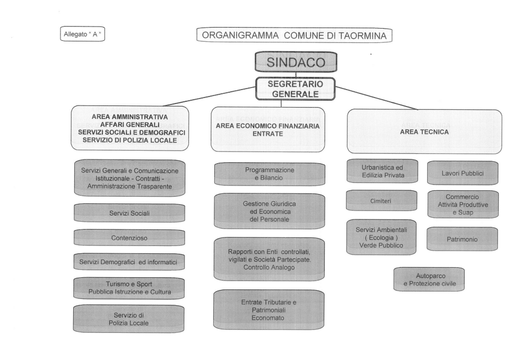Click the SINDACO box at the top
(x=296, y=62)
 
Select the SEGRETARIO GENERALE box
(x=296, y=89)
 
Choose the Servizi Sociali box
(x=129, y=213)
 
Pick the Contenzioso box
(x=129, y=238)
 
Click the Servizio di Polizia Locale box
(x=129, y=319)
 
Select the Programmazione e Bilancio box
(x=270, y=174)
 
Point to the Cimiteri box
(x=380, y=201)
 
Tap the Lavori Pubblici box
(x=462, y=173)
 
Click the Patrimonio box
(x=462, y=239)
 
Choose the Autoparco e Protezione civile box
(x=429, y=279)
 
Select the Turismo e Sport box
(x=129, y=288)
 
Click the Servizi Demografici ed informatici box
(x=129, y=262)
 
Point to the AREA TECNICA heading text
(x=424, y=131)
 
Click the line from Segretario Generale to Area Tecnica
(x=377, y=98)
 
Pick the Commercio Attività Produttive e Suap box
(x=462, y=204)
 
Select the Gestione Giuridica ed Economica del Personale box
(x=270, y=211)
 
